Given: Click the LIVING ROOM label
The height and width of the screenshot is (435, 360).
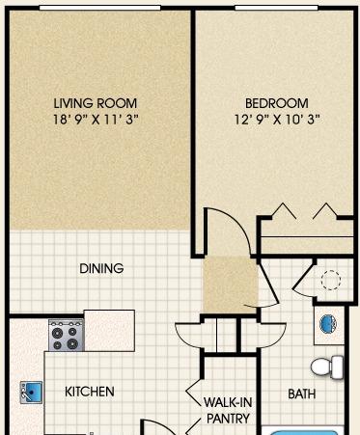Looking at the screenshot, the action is click(x=96, y=103).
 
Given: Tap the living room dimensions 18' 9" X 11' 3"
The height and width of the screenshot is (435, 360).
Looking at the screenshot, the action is click(x=96, y=120).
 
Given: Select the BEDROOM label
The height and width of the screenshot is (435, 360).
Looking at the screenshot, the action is click(x=277, y=103).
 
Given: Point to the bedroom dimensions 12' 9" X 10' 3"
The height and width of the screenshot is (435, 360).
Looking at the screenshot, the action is click(x=277, y=120).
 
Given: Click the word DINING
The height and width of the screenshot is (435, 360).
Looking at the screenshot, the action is click(x=101, y=268).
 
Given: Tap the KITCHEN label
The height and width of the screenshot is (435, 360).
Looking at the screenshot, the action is click(x=90, y=392).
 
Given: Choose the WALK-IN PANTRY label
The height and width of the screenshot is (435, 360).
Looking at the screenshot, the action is click(x=228, y=410).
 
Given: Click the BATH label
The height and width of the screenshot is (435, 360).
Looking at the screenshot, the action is click(x=302, y=394).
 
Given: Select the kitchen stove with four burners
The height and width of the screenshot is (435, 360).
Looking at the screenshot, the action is click(x=67, y=336).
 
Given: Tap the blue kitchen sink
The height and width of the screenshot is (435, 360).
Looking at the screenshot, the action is click(x=31, y=393).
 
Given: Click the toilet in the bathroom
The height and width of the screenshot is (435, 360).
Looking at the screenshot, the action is click(x=327, y=367).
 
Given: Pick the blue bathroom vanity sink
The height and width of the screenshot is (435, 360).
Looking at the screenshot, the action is click(x=328, y=324).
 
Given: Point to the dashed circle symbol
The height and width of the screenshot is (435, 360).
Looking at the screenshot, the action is click(x=331, y=281).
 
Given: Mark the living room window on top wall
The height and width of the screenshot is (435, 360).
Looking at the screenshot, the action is click(x=99, y=8).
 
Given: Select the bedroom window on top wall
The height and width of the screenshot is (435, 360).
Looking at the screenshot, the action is click(x=276, y=8).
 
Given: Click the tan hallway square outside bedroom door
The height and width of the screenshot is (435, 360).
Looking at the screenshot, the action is click(x=230, y=285).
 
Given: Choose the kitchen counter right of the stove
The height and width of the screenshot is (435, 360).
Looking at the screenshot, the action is click(x=109, y=331).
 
